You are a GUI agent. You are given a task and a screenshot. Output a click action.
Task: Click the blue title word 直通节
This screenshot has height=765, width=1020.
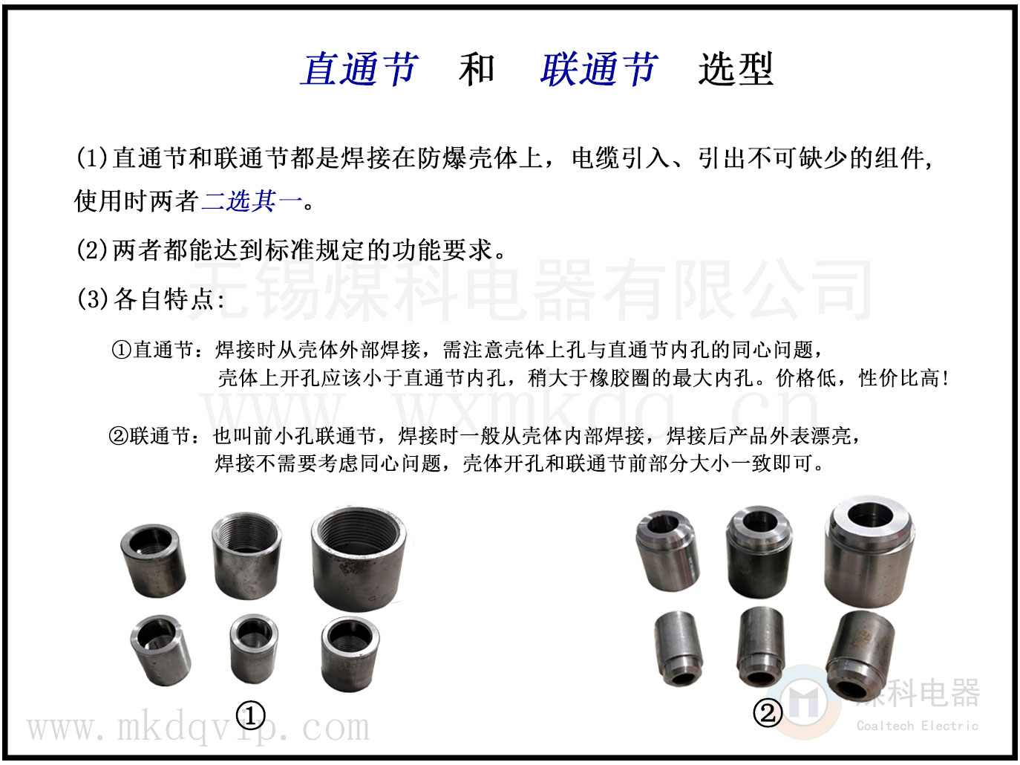coord(359,69)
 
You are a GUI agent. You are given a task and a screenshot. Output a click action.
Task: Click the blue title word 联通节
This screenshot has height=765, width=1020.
coord(598,69)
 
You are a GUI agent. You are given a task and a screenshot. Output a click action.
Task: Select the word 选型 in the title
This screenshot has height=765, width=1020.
coord(735,69)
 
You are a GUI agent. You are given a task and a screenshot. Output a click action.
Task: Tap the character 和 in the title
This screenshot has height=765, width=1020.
coord(477,69)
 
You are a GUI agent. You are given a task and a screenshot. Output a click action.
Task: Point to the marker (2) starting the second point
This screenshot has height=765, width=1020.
coord(92,250)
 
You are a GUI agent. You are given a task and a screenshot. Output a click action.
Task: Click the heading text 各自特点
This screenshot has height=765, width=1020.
coord(164,299)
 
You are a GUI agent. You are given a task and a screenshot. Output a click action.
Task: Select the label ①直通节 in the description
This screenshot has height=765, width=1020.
coord(153,350)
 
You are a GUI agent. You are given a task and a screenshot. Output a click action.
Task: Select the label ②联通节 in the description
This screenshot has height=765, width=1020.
coord(151,436)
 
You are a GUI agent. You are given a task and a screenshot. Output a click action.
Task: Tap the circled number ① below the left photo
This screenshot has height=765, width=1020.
coord(250,716)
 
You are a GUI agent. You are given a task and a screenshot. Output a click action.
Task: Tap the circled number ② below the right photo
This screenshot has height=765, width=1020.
coord(768,713)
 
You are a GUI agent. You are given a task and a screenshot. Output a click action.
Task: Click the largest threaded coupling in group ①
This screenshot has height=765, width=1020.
coord(359,559)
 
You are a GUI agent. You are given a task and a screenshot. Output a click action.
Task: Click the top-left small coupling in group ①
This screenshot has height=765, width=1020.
coord(153,560)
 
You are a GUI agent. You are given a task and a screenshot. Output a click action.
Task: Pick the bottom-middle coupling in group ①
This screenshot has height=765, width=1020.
coord(254,648)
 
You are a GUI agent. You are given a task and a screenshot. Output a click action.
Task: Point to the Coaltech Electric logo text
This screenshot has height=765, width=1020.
coord(918,726)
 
